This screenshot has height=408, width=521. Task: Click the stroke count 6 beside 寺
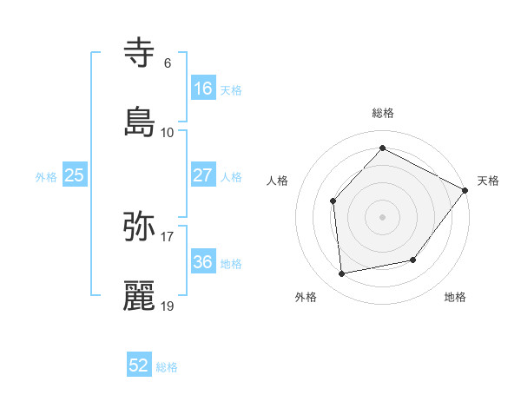coord(167,63)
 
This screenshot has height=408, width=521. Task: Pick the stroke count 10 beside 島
coord(168,132)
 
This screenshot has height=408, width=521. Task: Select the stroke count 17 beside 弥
coord(168,236)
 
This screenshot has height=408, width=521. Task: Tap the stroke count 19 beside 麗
coord(168,306)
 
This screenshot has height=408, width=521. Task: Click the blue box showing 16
coord(202,89)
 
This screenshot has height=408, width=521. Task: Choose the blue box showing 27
coord(202,175)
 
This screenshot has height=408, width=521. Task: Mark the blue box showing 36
coord(202,262)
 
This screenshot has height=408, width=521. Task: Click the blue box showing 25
coord(75,175)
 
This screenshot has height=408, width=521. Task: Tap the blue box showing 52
coord(139,366)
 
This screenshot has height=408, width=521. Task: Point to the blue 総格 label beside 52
coord(167,367)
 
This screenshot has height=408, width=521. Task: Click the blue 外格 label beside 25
coord(46,176)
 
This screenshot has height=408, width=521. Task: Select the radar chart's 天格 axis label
coord(489,181)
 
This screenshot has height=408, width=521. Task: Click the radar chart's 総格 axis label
coord(383,113)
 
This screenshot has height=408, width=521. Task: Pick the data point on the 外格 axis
coord(342,274)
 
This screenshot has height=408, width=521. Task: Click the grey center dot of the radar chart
coord(382,217)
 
